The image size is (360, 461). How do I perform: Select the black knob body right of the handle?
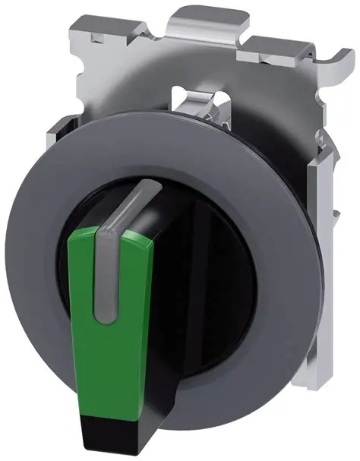[220, 251]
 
